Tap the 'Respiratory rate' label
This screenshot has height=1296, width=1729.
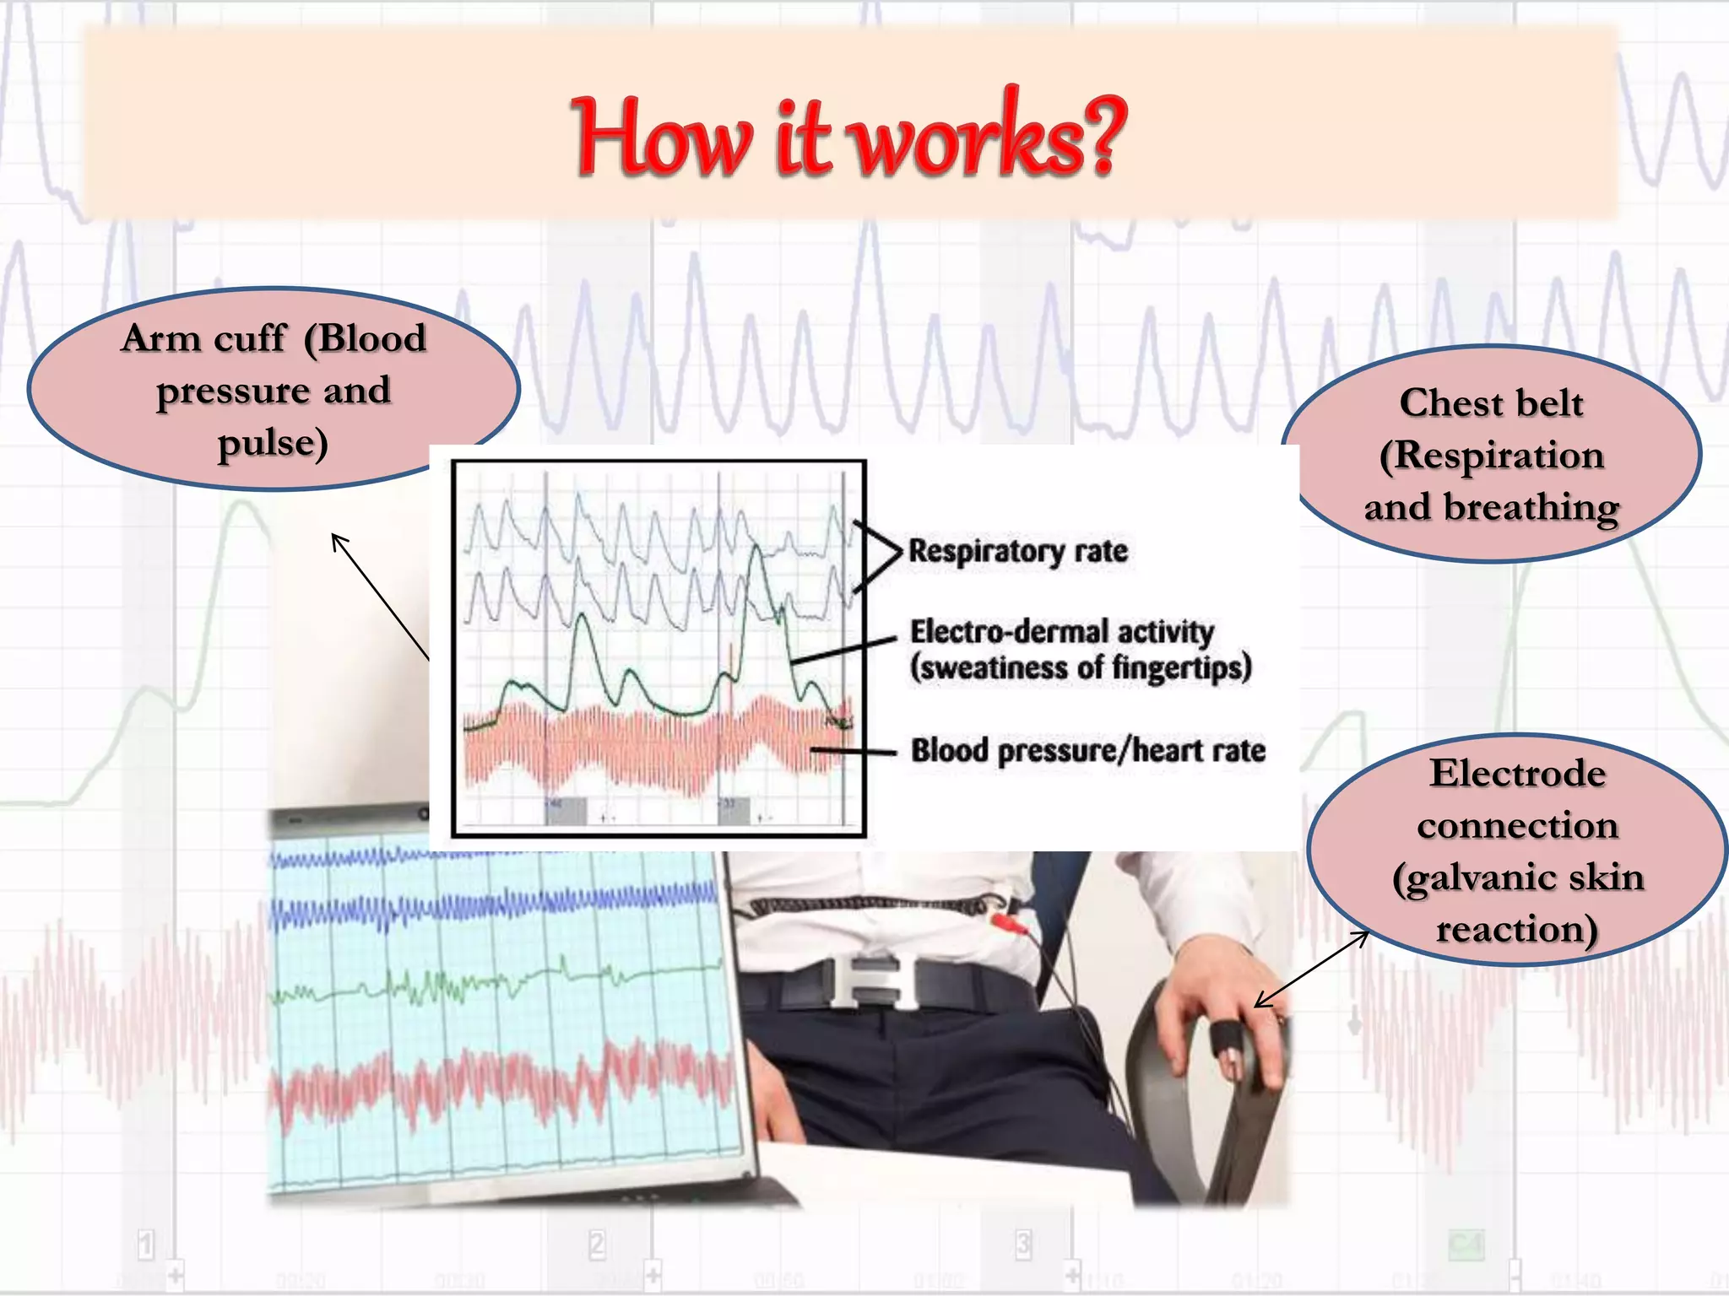click(x=1017, y=551)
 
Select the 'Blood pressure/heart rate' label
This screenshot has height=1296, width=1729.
click(x=1087, y=750)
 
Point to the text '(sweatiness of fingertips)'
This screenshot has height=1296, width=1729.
click(x=1081, y=667)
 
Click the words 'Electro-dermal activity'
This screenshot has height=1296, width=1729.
click(x=1061, y=631)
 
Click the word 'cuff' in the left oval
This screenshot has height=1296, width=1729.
click(x=251, y=338)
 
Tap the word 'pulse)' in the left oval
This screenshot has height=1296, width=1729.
click(x=273, y=443)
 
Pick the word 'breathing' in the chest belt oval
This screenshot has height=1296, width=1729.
click(x=1531, y=507)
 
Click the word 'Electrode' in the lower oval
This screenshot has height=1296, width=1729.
click(x=1517, y=773)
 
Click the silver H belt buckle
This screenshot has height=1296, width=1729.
click(x=874, y=981)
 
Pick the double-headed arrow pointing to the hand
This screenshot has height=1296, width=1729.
click(x=1311, y=969)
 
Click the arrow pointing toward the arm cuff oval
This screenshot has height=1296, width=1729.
click(x=379, y=595)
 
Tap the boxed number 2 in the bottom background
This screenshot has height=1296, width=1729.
click(x=597, y=1244)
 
